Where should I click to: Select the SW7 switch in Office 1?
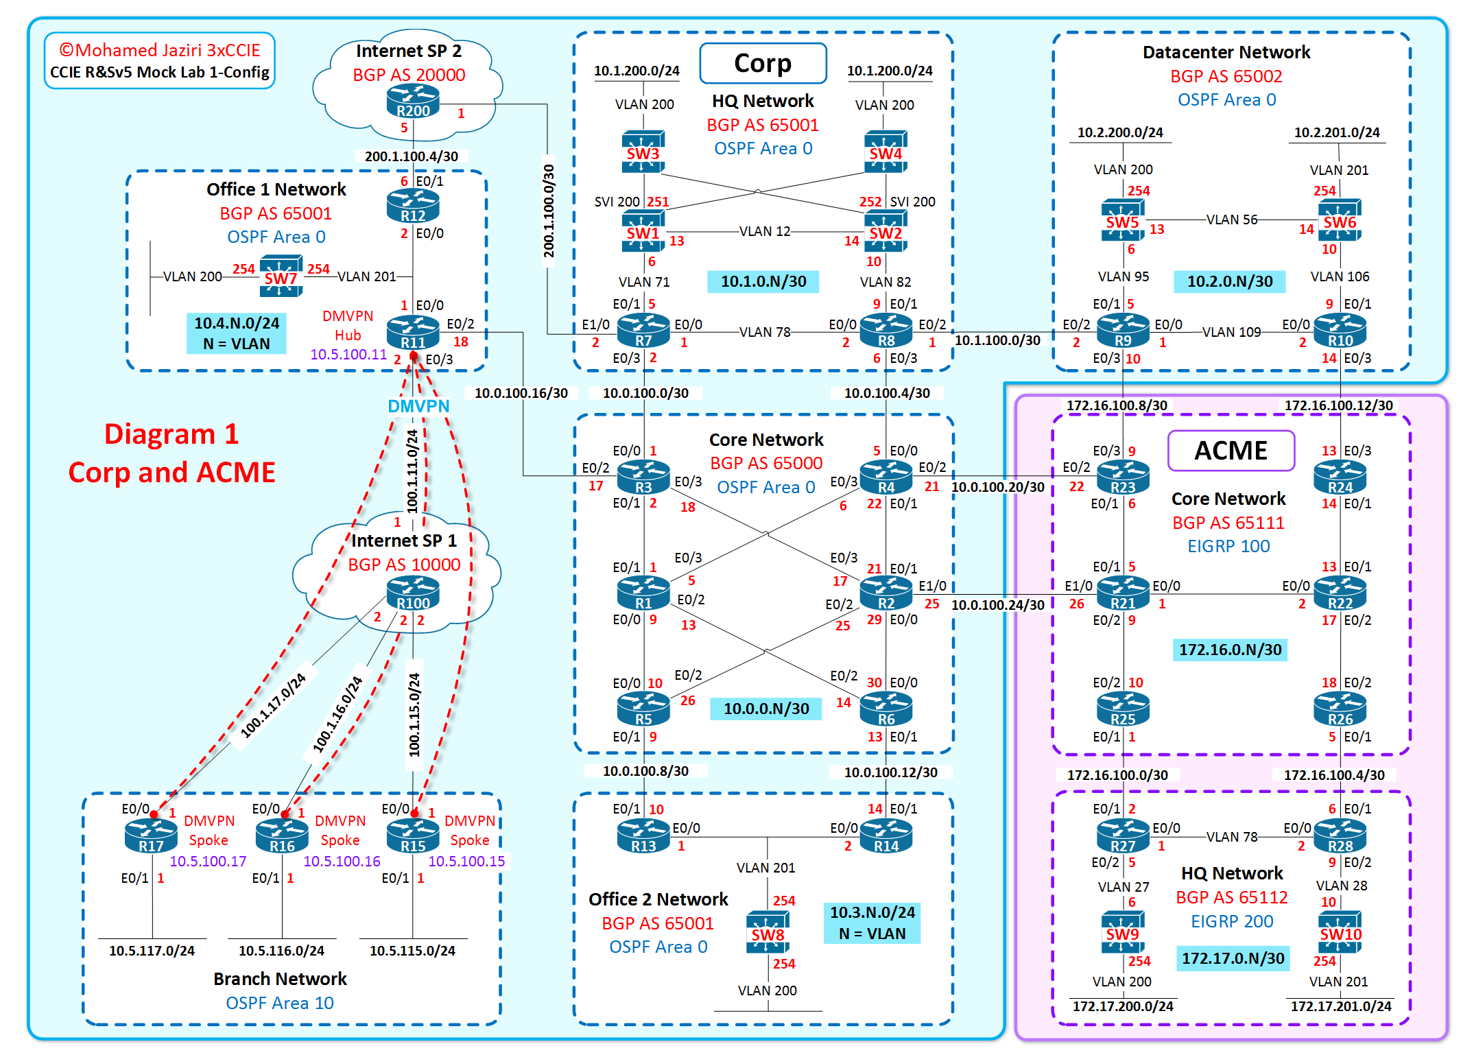tap(281, 276)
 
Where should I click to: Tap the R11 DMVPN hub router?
tap(413, 333)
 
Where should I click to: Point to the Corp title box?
tap(763, 63)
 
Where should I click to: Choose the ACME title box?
tap(1231, 451)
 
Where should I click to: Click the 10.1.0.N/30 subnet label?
tap(763, 281)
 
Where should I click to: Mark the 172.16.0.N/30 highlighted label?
tap(1230, 650)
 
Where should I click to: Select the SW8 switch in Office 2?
tap(767, 932)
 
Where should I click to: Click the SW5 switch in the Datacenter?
tap(1122, 220)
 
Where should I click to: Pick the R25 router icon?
tap(1123, 710)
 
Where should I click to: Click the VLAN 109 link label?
tap(1231, 332)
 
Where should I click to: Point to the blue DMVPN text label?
tap(418, 406)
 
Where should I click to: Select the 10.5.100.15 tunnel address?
tap(466, 862)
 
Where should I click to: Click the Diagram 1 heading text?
tap(171, 434)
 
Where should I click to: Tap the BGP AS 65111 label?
tap(1228, 523)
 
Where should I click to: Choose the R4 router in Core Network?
tap(886, 477)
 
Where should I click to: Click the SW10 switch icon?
tap(1340, 932)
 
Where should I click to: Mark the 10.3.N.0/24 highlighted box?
tap(872, 923)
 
